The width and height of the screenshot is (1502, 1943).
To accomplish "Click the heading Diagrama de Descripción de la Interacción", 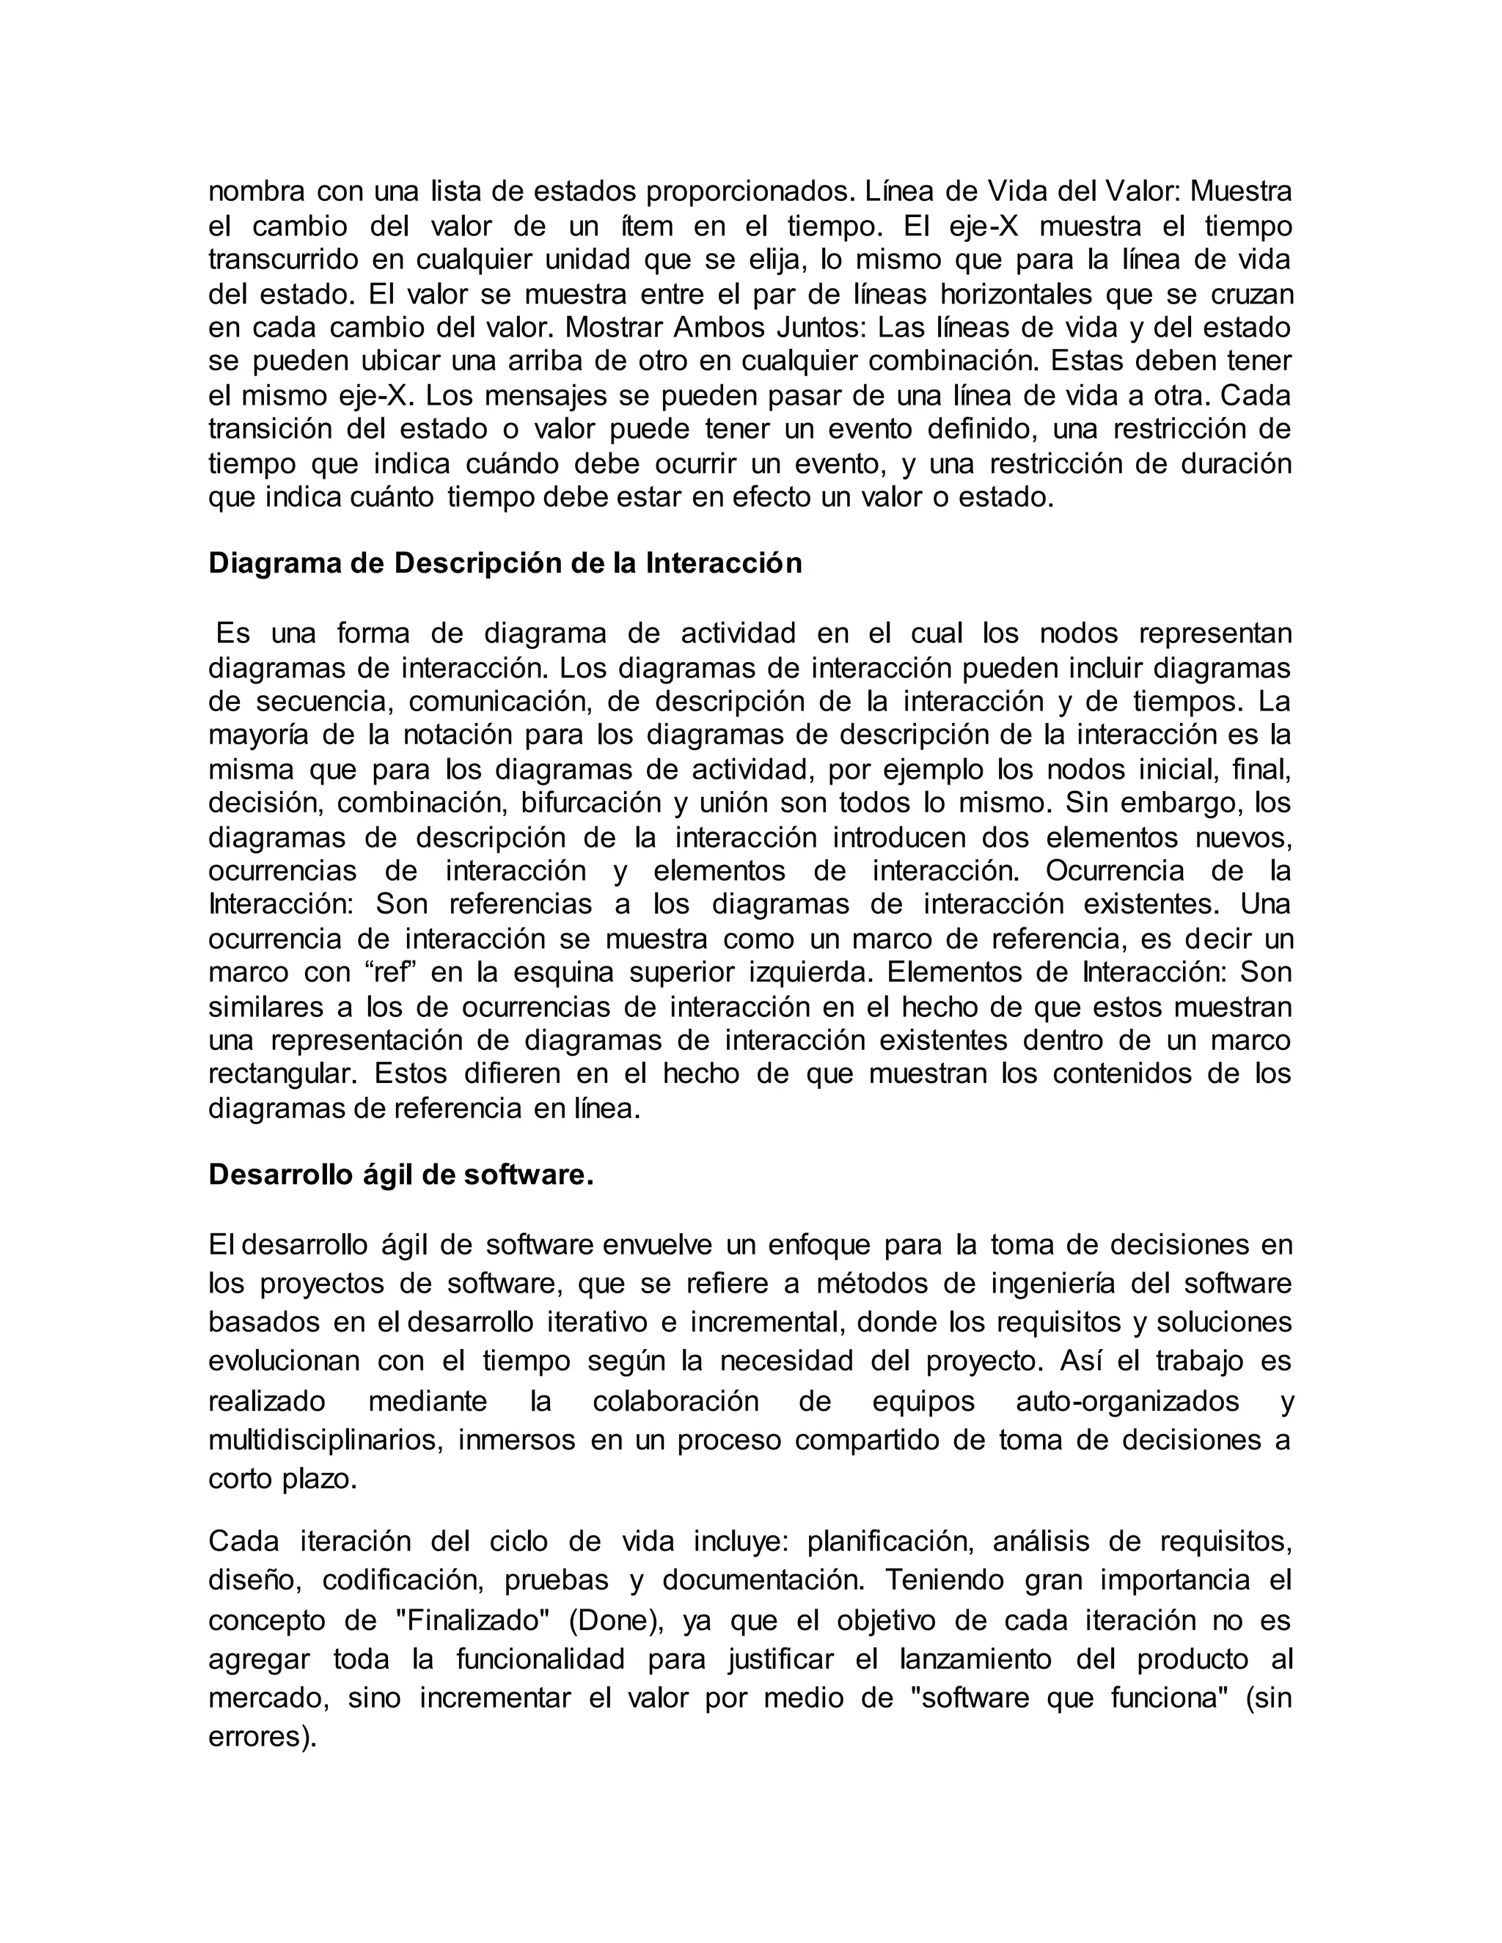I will point(505,563).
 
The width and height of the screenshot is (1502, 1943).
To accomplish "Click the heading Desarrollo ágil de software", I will point(400,1175).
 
